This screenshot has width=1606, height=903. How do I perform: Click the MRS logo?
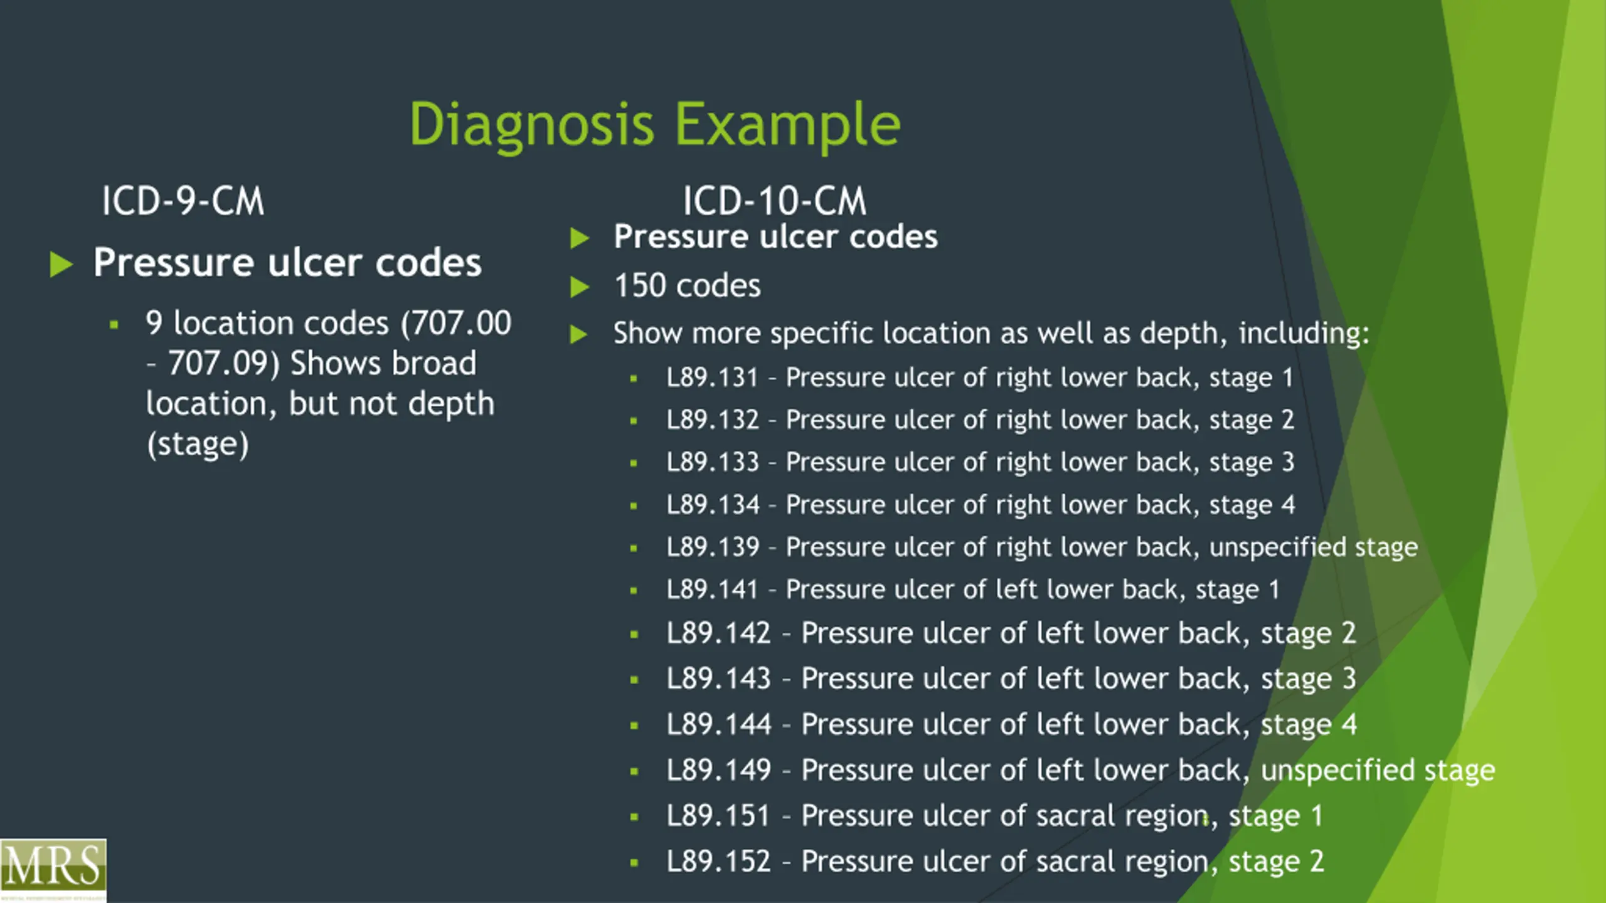click(x=53, y=868)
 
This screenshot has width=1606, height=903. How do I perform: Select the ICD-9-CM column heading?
click(x=183, y=201)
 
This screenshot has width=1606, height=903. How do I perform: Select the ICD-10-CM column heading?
click(x=774, y=201)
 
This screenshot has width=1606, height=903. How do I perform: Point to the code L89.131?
click(x=712, y=378)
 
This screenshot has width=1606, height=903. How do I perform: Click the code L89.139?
click(x=712, y=547)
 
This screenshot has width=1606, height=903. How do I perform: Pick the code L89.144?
click(x=718, y=724)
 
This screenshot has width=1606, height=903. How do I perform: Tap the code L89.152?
click(x=718, y=861)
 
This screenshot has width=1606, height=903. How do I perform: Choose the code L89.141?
click(x=712, y=589)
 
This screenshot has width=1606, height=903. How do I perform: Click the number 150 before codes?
click(x=639, y=286)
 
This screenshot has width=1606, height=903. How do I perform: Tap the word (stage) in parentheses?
click(x=198, y=444)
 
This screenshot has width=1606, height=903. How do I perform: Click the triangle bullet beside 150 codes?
click(x=580, y=287)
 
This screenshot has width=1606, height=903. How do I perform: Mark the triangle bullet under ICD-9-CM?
click(x=61, y=264)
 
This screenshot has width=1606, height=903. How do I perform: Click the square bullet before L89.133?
click(x=634, y=463)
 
